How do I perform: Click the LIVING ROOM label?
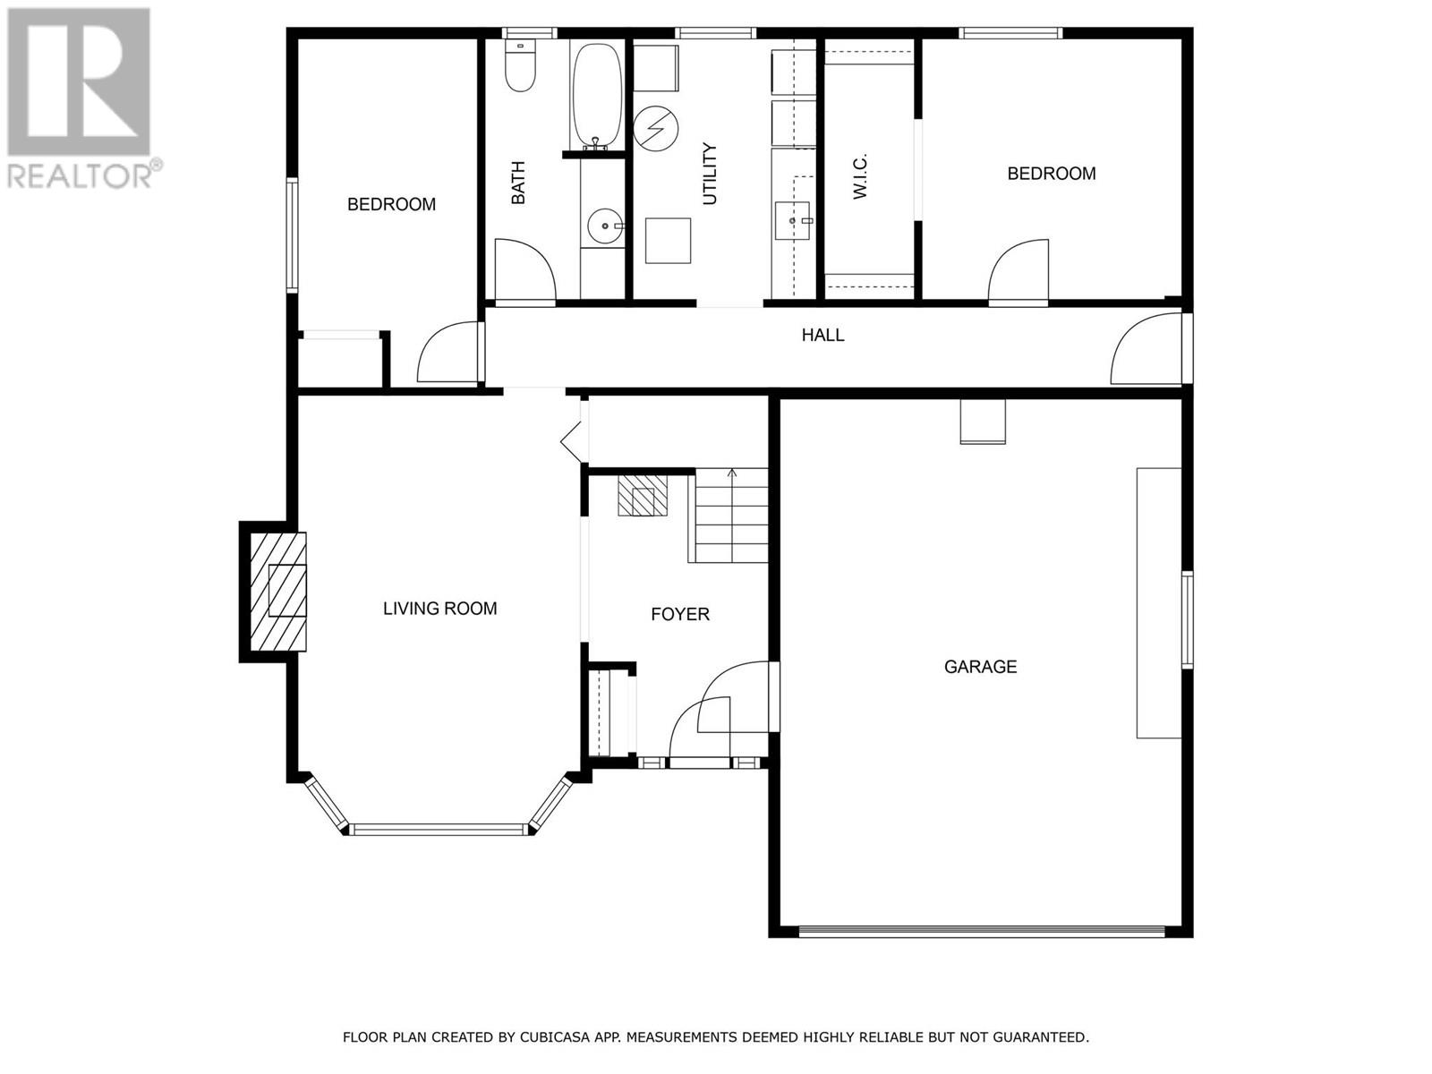click(x=439, y=609)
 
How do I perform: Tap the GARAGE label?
click(x=980, y=667)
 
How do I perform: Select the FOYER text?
click(x=679, y=614)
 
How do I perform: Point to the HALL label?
click(x=822, y=336)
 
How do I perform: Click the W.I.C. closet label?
click(x=860, y=175)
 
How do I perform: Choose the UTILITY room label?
click(x=710, y=174)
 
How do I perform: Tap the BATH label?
click(x=517, y=183)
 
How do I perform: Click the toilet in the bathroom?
click(x=519, y=68)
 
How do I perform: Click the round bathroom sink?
click(x=604, y=226)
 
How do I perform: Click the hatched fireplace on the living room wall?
click(x=277, y=591)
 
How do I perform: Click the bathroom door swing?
click(x=524, y=270)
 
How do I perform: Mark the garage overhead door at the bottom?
click(x=981, y=931)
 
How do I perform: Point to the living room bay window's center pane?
click(x=439, y=829)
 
